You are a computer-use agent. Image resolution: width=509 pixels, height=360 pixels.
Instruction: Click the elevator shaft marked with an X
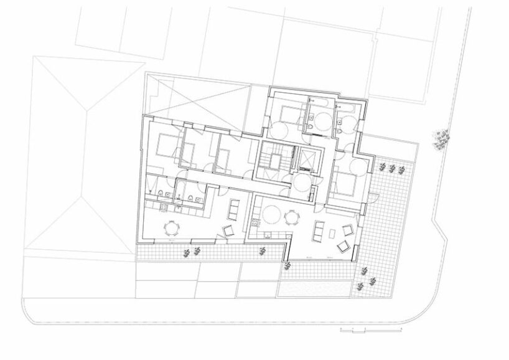pos(307,161)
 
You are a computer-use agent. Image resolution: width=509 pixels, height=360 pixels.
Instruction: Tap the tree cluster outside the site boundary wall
pos(441,141)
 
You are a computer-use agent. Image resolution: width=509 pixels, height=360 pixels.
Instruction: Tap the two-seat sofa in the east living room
pos(318,231)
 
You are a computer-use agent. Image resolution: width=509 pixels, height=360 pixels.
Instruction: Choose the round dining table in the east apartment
pos(291,217)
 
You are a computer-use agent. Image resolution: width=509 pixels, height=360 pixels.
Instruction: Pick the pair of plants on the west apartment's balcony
pos(192,252)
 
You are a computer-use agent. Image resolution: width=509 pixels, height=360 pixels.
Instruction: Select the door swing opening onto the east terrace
pos(373,197)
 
